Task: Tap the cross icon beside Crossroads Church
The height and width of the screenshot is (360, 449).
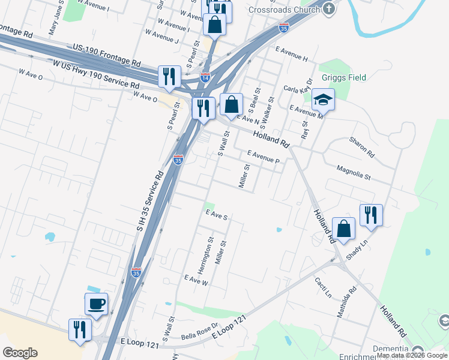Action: point(328,8)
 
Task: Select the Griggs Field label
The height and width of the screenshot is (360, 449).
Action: point(343,77)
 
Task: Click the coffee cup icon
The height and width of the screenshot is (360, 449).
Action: point(96,304)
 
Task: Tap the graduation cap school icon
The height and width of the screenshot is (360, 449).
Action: point(323,100)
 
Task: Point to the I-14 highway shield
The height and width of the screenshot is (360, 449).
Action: point(205,77)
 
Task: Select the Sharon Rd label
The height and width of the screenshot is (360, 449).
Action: point(362,146)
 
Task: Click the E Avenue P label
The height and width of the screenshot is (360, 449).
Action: point(263,157)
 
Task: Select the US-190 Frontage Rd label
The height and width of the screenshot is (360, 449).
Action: point(106,55)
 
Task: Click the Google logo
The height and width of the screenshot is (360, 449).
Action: point(20,353)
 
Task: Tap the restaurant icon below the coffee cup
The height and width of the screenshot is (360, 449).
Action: point(80,329)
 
